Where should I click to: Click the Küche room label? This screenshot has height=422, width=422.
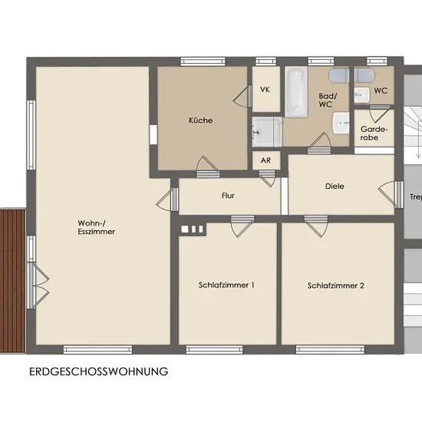(201, 120)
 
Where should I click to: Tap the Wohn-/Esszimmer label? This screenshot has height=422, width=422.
(97, 227)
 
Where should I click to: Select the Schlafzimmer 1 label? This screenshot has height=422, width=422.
(226, 285)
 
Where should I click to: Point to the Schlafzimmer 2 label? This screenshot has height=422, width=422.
(335, 285)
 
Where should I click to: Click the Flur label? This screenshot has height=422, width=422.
(228, 196)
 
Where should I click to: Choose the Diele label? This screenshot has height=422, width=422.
(335, 186)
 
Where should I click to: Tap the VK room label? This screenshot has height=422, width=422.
(265, 89)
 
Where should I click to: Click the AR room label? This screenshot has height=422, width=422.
(265, 160)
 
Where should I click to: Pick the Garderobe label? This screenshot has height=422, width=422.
(374, 134)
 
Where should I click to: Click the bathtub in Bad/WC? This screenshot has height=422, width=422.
(296, 92)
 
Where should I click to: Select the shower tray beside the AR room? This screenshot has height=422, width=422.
(267, 132)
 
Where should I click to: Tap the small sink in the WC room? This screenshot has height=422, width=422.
(361, 95)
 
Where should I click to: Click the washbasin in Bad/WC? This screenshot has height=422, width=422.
(341, 124)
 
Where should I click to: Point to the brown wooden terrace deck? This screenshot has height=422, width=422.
(12, 281)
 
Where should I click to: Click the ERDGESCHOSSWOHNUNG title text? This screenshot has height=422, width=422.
(99, 371)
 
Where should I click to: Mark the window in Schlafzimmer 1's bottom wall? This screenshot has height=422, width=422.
(215, 350)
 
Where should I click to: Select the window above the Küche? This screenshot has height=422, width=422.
(203, 61)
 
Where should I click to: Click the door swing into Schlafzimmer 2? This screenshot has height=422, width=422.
(316, 226)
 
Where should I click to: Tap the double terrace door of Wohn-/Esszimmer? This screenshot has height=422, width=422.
(38, 285)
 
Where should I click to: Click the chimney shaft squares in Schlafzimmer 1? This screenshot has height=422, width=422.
(192, 229)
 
